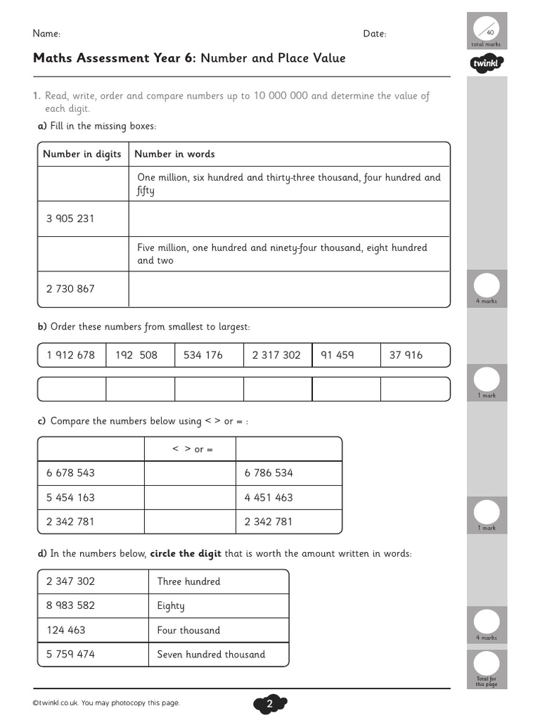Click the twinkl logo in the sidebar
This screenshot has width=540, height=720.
click(x=487, y=65)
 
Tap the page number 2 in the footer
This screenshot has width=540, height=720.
click(x=270, y=704)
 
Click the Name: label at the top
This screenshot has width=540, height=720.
click(x=46, y=34)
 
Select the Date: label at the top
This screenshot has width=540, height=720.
click(x=374, y=34)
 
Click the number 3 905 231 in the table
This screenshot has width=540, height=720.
click(x=70, y=219)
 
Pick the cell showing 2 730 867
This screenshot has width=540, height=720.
click(x=70, y=289)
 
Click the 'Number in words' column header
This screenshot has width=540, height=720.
click(x=174, y=154)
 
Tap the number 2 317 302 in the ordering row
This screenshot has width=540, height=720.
click(x=276, y=355)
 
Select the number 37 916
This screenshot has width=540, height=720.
click(x=406, y=355)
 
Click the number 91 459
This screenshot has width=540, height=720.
click(x=337, y=355)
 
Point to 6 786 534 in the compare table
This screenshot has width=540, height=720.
click(x=269, y=473)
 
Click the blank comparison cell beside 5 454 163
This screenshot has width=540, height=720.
click(x=190, y=498)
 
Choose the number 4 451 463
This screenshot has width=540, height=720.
click(x=269, y=498)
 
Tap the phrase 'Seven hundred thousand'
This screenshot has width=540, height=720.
click(x=211, y=655)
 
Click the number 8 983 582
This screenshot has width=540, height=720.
click(x=70, y=605)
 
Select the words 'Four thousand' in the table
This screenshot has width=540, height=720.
click(x=188, y=630)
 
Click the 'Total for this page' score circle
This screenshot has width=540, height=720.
click(x=487, y=663)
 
